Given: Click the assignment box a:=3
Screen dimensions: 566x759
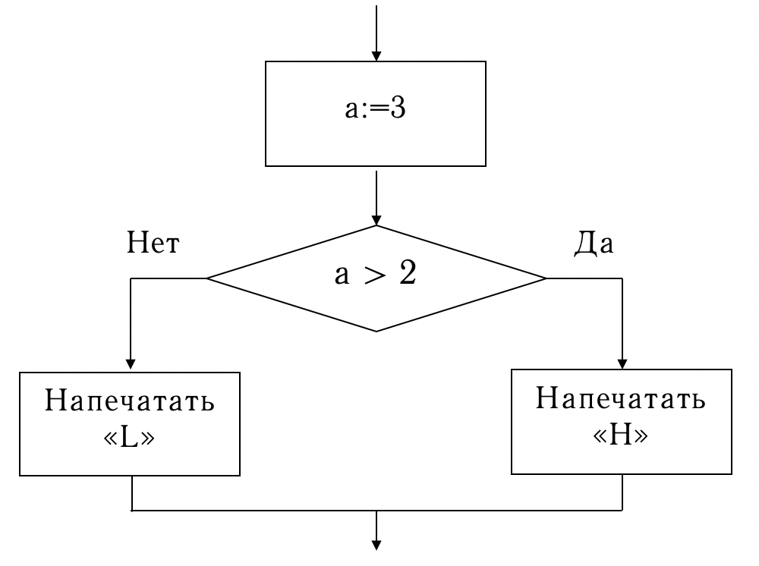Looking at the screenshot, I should (376, 113).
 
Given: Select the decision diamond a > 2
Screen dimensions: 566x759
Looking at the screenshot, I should (376, 278).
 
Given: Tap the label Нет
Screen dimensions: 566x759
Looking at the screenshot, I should (154, 246).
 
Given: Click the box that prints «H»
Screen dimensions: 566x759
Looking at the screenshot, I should (623, 421).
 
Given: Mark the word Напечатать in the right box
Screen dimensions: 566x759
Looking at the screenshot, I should (623, 400).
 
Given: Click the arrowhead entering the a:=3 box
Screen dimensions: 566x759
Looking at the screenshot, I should (376, 55).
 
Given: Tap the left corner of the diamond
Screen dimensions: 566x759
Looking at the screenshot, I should (208, 278).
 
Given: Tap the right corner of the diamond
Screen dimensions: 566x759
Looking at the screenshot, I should (545, 278).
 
